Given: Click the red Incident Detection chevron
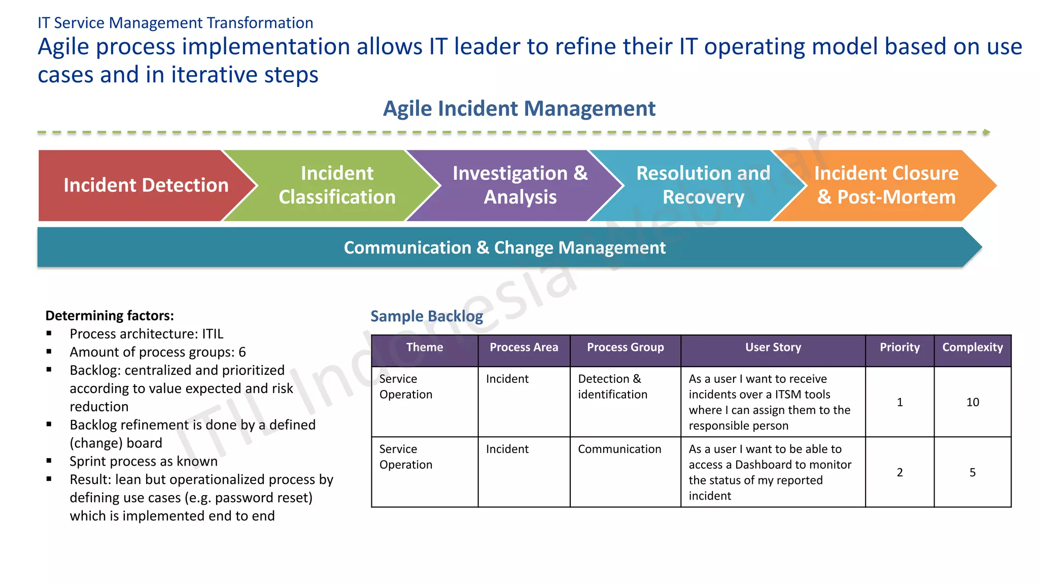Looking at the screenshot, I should tap(146, 185).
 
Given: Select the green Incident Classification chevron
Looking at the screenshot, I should tap(337, 185).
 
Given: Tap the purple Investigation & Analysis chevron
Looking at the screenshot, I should tap(519, 185).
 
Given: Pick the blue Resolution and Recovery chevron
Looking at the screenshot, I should tap(703, 185).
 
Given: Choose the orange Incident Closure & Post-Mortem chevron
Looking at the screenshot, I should tap(886, 185).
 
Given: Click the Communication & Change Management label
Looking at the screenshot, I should tap(504, 248).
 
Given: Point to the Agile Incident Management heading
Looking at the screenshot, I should tap(519, 109).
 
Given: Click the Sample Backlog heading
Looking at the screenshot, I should tap(427, 316).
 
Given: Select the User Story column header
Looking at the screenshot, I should tap(773, 348).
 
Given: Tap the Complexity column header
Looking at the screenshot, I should tap(972, 348).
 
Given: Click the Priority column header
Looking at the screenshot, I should tap(899, 348).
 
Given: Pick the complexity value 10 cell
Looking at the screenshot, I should tap(972, 402).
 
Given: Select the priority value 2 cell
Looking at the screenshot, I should tap(899, 472).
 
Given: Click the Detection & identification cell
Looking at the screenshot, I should tap(612, 387).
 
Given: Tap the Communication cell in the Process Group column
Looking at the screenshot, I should tap(619, 449).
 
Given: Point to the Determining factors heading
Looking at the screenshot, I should tap(110, 316).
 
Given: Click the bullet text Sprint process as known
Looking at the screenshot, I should tap(144, 462).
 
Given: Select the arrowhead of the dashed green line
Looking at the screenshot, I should tap(986, 133).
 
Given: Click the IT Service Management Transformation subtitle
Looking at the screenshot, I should tap(176, 23).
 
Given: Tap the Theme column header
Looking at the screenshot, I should tap(425, 348).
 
